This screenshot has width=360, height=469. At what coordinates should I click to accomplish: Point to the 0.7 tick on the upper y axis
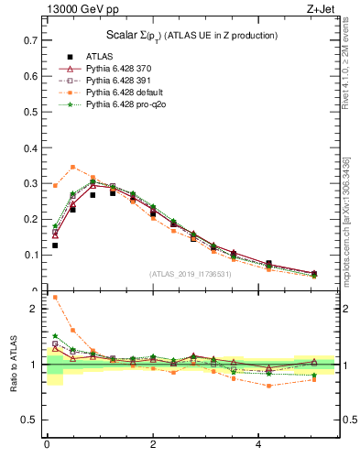tap(29, 40)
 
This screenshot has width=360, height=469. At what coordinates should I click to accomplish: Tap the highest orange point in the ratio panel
tap(55, 297)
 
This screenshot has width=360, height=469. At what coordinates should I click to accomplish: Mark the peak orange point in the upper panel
tap(73, 167)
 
